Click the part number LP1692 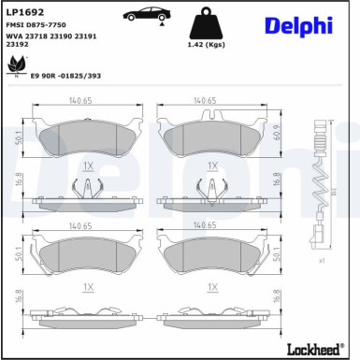25,12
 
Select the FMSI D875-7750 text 36,25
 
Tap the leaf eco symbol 16,65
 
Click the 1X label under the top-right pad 212,165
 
